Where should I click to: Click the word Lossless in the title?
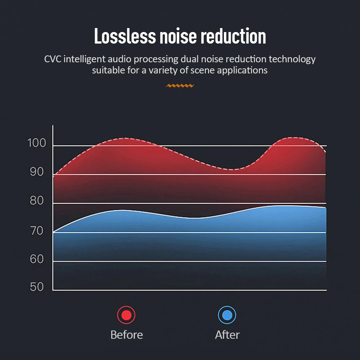coord(125,37)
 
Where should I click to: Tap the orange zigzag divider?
coord(180,86)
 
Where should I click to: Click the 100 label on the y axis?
coord(37,143)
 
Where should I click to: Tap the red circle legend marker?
coord(126,315)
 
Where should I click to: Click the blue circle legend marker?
coord(227,315)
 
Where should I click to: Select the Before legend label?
coord(126,335)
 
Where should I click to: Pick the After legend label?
coord(227,335)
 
